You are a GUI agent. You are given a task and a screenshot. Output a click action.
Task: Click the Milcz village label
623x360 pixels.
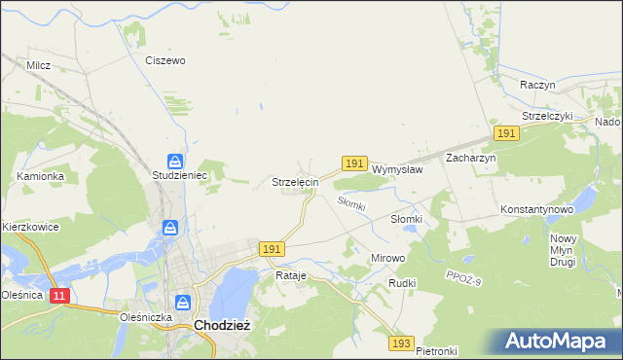(39, 65)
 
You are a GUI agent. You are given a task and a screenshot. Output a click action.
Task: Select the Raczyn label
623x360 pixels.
(537, 85)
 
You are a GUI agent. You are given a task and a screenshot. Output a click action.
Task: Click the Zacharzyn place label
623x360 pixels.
(471, 158)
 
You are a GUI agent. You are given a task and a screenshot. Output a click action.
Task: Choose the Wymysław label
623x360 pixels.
(397, 168)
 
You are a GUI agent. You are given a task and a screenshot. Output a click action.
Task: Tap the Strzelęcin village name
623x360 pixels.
(295, 182)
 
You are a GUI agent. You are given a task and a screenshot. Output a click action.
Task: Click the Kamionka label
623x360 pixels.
(41, 176)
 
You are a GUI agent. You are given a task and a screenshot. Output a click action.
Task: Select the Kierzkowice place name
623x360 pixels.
(31, 227)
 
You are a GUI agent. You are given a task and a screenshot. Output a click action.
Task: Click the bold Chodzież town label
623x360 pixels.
(223, 326)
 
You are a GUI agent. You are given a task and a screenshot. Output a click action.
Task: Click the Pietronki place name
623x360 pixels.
(436, 350)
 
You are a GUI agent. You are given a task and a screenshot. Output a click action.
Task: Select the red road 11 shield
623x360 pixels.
(60, 295)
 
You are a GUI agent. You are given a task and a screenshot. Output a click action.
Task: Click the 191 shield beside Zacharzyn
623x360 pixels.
(505, 132)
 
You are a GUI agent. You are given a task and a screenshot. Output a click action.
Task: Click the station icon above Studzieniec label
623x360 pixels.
(174, 161)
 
